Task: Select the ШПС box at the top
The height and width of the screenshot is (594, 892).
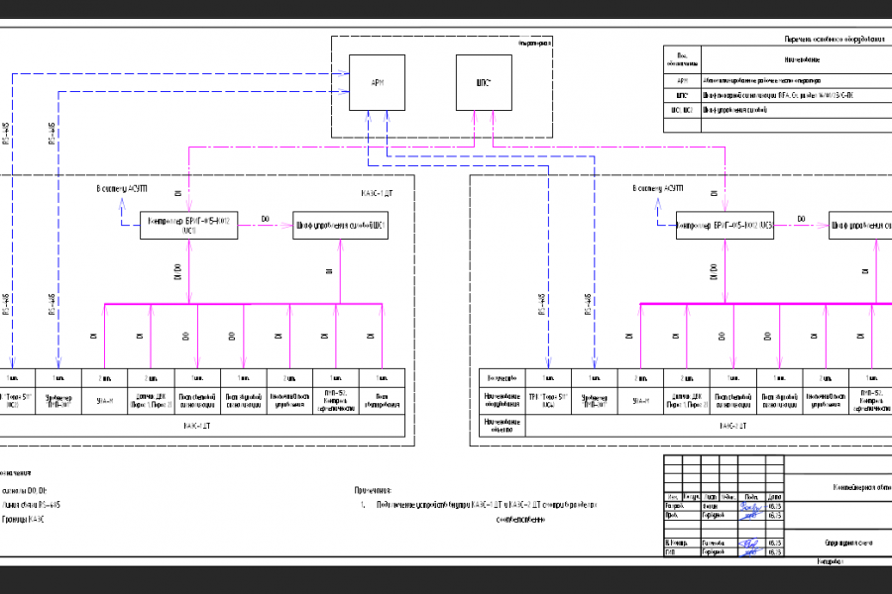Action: coord(484,82)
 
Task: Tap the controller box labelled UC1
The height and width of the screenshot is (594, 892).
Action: coord(189,225)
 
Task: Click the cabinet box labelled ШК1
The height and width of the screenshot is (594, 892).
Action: coord(340,225)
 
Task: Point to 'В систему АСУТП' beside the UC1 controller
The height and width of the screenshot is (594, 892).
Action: coord(121,187)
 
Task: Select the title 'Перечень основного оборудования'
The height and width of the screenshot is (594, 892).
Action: coord(835,39)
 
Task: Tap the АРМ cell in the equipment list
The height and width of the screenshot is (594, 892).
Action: coord(682,77)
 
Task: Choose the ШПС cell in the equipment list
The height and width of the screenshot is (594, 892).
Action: coord(682,94)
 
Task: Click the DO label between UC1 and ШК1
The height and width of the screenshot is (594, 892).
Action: coord(265,217)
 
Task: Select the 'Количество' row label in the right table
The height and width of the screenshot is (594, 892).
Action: coord(503,377)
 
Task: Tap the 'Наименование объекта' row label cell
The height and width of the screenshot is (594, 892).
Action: coord(503,426)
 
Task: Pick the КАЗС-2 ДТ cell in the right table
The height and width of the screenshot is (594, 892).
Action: coord(733,426)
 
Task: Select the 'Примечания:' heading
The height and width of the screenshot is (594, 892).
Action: coord(374,489)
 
